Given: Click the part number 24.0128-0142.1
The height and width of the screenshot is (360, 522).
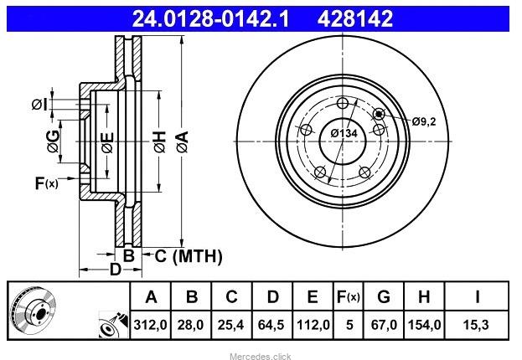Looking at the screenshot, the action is (x=210, y=18).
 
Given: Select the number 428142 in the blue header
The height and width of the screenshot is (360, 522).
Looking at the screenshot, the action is (x=355, y=18).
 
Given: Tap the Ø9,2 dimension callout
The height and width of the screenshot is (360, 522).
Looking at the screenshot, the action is (x=424, y=121).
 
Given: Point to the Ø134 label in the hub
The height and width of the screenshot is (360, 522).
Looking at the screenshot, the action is (x=344, y=133).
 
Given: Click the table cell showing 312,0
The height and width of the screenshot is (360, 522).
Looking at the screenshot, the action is (x=150, y=324).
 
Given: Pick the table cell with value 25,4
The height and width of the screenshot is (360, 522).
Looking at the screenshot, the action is (x=230, y=324).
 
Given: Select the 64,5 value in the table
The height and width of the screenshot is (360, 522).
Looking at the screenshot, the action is (x=271, y=324).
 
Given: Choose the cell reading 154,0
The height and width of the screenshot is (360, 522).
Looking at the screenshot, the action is (x=424, y=324).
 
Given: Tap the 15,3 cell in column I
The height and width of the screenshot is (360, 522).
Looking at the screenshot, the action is (x=476, y=324).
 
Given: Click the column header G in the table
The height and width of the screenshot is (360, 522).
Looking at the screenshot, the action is (x=384, y=296).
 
